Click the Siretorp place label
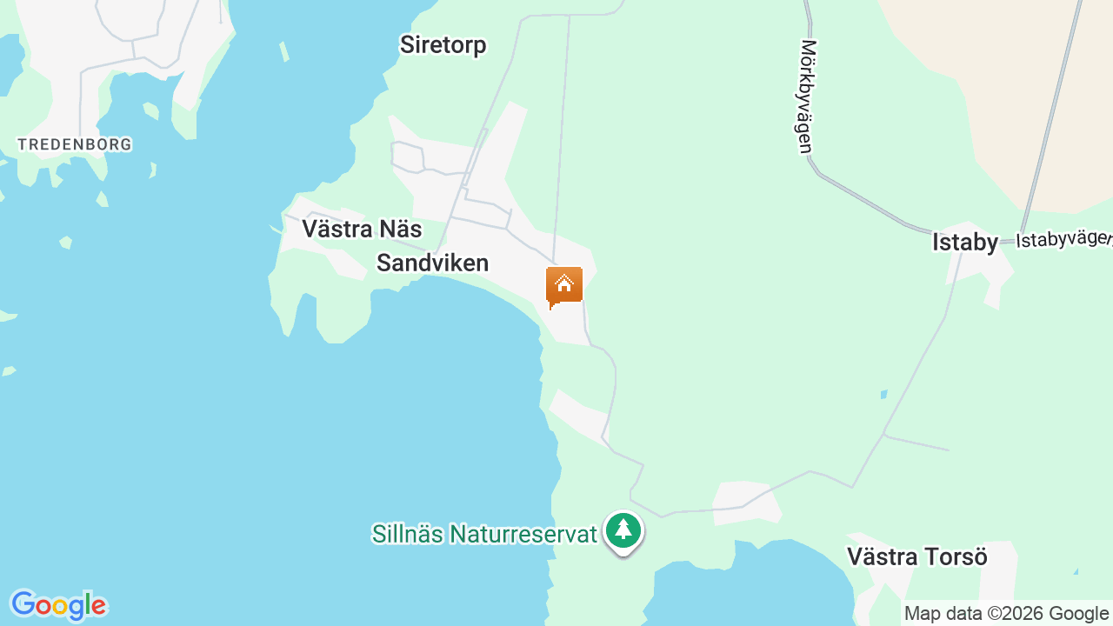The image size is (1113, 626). point(443,45)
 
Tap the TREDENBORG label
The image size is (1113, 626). point(75,144)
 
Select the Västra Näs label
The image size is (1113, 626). point(362,229)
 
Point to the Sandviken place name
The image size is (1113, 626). point(432,263)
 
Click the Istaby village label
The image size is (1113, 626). point(965,243)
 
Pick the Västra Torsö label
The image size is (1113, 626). point(917,556)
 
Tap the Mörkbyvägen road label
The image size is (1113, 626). point(808,96)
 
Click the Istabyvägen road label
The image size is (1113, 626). point(1063,239)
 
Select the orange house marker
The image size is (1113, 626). point(564,286)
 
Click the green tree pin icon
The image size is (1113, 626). point(623,530)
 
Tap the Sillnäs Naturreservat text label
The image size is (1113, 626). point(484,534)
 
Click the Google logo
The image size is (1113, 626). point(57,605)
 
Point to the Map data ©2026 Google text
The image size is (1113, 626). point(1006,613)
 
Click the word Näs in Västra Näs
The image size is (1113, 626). point(400,229)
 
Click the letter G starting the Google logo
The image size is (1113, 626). point(23,604)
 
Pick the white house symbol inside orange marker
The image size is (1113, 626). point(564,283)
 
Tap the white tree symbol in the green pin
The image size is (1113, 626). point(623,528)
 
